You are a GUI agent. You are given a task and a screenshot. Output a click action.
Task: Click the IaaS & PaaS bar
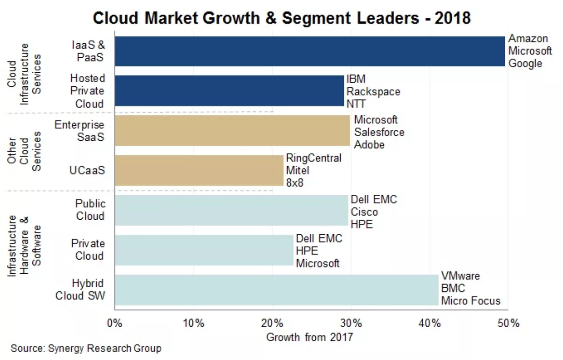coord(310,51)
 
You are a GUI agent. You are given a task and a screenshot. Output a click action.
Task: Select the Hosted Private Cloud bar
coord(229,91)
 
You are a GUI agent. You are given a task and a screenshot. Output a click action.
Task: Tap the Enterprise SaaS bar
coord(232,131)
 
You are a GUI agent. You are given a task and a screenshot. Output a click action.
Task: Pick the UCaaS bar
coord(199,170)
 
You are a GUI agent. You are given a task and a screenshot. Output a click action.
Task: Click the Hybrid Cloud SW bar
coord(277,290)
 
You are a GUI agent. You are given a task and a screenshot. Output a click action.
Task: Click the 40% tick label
coord(430,323)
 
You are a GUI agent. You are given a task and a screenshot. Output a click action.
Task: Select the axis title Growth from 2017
coord(309,337)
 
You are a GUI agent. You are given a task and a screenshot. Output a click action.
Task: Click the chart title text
coord(281,18)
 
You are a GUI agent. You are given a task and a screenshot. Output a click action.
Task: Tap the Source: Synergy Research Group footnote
coord(86,348)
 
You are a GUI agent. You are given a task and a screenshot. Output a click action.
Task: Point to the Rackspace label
coord(373,91)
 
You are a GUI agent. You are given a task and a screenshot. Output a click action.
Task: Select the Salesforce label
coord(379,132)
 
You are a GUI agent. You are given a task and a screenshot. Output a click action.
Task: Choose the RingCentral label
coord(313,158)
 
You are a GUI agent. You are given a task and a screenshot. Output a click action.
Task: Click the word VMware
coord(460,276)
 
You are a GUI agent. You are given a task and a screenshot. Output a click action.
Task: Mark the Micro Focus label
coord(470,301)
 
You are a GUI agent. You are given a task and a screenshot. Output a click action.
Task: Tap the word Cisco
coord(364,212)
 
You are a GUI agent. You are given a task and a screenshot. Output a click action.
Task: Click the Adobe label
coord(369,145)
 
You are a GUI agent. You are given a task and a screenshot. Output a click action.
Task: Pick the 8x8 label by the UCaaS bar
coord(295,183)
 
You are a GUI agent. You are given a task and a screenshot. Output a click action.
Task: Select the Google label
coord(525,63)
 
